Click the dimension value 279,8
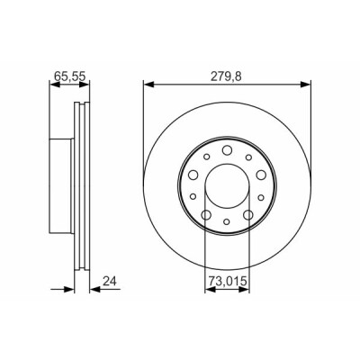tap(226, 76)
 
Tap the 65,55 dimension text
tap(70, 76)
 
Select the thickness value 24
tap(109, 281)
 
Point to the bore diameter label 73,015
tap(228, 281)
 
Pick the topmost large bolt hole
tap(227, 150)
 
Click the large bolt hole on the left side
tap(193, 175)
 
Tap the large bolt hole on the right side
tap(261, 175)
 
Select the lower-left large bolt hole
tap(206, 215)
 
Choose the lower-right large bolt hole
tap(248, 215)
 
